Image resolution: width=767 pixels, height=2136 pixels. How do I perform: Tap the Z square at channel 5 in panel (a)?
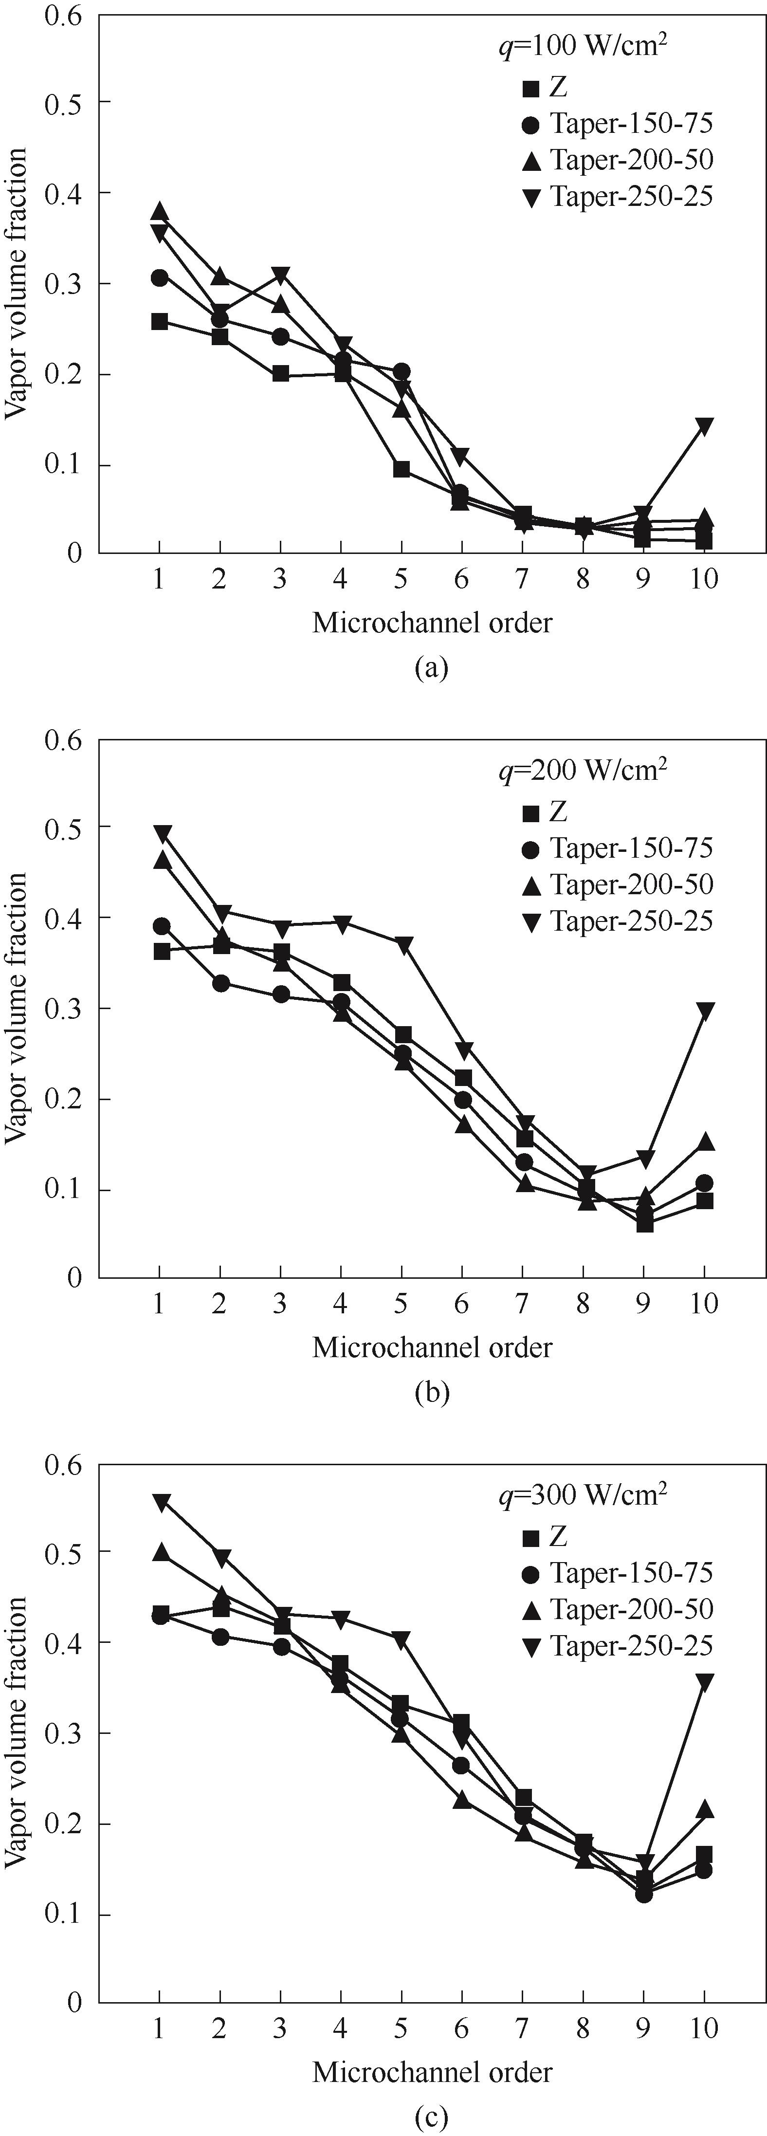pyautogui.click(x=402, y=469)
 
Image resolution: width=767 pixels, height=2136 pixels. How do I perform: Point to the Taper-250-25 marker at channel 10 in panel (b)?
pyautogui.click(x=704, y=1011)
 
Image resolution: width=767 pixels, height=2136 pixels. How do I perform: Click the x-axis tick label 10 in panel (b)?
pyautogui.click(x=704, y=1304)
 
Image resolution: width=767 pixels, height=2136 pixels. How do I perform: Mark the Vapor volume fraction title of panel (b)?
pyautogui.click(x=17, y=1008)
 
